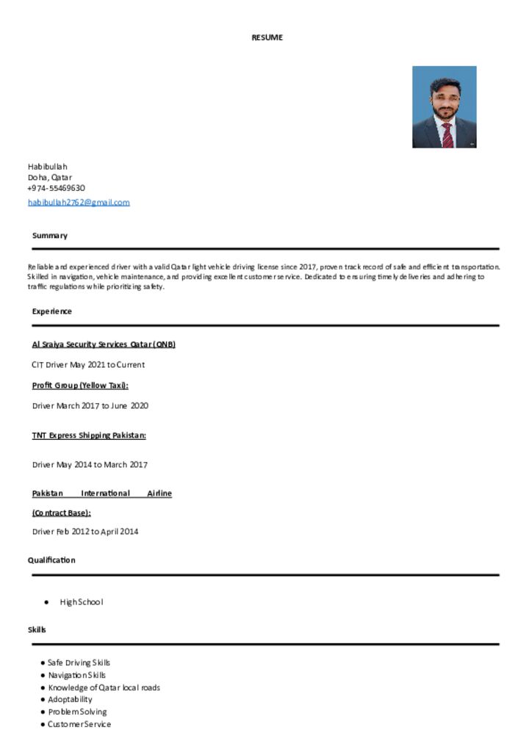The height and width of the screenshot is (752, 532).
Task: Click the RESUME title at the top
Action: [267, 37]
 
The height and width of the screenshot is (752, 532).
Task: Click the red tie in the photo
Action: [447, 134]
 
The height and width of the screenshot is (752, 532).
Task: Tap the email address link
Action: [79, 202]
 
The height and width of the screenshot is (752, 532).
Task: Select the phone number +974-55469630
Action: [57, 188]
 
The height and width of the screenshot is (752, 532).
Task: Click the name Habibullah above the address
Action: [47, 167]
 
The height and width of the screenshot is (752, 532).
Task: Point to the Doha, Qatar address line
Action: [50, 177]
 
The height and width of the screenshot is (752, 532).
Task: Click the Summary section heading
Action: [50, 236]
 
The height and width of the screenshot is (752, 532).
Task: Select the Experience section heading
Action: [52, 311]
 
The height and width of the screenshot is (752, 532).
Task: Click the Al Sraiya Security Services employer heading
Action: [104, 344]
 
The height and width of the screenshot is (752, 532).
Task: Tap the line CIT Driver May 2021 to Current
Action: [88, 365]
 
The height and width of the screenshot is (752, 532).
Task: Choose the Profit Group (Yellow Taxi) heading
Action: [80, 386]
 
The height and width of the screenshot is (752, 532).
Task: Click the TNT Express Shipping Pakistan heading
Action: [89, 435]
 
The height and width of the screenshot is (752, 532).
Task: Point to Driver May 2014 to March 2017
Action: [90, 465]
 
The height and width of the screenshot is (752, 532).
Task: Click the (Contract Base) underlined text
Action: [61, 513]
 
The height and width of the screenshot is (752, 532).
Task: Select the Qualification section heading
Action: [51, 560]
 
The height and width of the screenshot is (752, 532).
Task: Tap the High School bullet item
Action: [82, 602]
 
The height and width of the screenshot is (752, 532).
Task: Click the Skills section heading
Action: [37, 630]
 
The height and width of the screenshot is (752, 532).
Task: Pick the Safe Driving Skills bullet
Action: [79, 662]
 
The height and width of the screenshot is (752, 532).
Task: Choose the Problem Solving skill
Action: [77, 712]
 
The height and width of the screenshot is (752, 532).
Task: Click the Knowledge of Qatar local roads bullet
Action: [104, 687]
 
